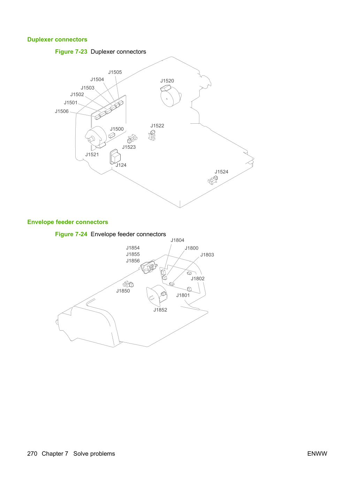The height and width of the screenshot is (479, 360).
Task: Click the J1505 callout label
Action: [x=115, y=72]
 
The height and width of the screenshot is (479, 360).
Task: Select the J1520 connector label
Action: [x=167, y=81]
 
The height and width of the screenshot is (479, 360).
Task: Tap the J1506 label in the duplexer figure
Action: [x=62, y=111]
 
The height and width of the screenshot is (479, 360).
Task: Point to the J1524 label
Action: [x=221, y=172]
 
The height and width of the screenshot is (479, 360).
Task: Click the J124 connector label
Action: [x=121, y=165]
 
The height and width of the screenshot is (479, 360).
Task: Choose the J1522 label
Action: [x=157, y=126]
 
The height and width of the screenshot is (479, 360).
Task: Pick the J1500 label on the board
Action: [x=117, y=129]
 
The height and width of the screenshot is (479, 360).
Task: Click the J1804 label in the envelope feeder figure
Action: [x=177, y=240]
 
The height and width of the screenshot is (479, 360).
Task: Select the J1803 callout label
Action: [x=207, y=255]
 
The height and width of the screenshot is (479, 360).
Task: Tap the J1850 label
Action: [x=123, y=291]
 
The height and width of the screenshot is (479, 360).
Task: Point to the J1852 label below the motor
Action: [x=160, y=310]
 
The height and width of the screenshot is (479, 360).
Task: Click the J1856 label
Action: [x=133, y=261]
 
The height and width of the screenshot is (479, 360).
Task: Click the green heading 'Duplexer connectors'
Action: [x=57, y=39]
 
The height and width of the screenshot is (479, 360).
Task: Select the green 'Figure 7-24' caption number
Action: [x=71, y=234]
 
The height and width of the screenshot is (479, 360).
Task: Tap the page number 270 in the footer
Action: [x=32, y=454]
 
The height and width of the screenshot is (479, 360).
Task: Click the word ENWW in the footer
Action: [x=317, y=454]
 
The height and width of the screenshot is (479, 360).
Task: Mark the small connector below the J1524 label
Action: [x=213, y=180]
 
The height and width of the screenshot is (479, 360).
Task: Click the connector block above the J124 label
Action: [x=115, y=156]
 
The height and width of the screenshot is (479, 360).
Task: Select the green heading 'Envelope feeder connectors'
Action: [x=68, y=222]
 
